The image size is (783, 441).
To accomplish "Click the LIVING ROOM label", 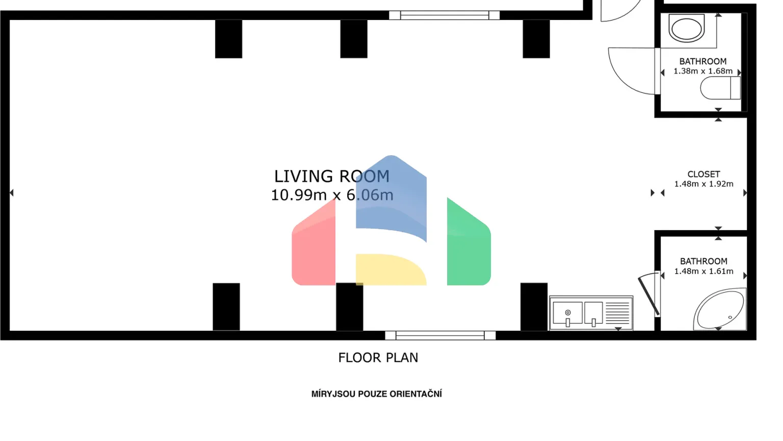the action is click(332, 177).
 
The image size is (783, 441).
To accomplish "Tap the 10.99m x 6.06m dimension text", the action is click(332, 195).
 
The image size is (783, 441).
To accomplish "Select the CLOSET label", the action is click(703, 174).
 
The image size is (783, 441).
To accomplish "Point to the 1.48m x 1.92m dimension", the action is click(703, 184).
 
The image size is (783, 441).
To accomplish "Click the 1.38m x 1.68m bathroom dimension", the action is click(703, 71).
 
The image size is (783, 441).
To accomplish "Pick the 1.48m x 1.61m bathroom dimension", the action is click(703, 271).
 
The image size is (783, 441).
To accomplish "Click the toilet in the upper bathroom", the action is click(720, 88).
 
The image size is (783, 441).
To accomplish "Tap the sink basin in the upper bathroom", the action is click(687, 28).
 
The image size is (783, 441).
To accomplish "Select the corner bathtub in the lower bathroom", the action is click(720, 309).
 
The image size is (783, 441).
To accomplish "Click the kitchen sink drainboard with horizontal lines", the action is click(618, 312).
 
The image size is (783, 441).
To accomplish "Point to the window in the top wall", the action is click(445, 15).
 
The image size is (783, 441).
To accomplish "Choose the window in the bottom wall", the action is click(440, 335).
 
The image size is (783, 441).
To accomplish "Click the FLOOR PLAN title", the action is click(378, 358).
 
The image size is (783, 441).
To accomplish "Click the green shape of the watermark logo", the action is click(469, 241).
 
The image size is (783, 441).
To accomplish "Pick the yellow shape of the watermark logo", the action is click(391, 269).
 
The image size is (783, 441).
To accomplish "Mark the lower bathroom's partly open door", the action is click(649, 296).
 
